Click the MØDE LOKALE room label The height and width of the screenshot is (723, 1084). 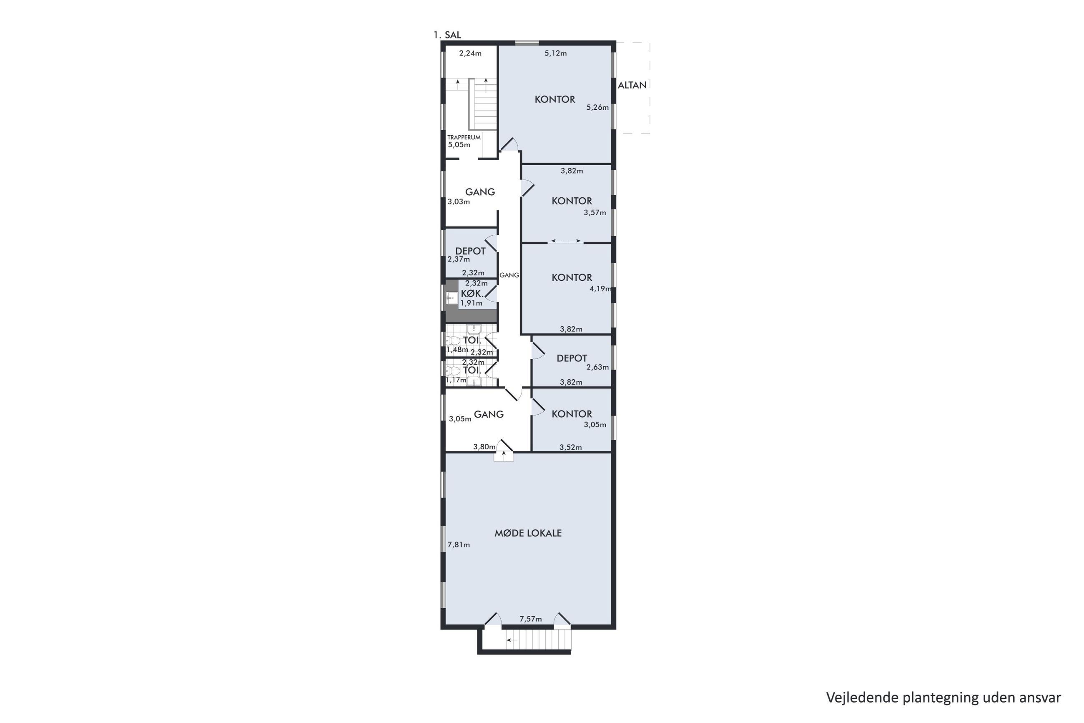coord(528,533)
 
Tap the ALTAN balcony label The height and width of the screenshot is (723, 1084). coord(632,85)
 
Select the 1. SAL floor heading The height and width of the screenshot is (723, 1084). coord(447,35)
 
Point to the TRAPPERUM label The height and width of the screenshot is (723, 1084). coord(464,137)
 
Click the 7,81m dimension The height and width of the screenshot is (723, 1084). coord(459,544)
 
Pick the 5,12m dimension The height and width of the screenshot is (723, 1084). coord(556,53)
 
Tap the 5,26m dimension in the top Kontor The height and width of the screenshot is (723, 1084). coord(597,108)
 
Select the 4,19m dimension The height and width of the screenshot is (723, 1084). coord(601,289)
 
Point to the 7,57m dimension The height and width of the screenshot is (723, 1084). coord(531,619)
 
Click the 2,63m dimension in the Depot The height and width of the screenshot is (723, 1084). coord(597,368)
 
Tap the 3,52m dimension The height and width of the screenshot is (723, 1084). coord(571,447)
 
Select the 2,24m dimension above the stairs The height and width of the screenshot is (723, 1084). coord(470,53)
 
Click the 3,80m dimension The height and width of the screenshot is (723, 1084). coord(484,447)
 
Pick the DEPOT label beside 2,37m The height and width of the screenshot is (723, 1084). coord(470,251)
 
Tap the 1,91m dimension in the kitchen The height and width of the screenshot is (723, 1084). coord(471,303)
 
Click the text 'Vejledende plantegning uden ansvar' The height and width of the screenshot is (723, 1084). coord(943,698)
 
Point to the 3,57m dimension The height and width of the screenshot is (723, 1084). coord(595,213)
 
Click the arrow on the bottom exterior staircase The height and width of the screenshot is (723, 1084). coord(512,640)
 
